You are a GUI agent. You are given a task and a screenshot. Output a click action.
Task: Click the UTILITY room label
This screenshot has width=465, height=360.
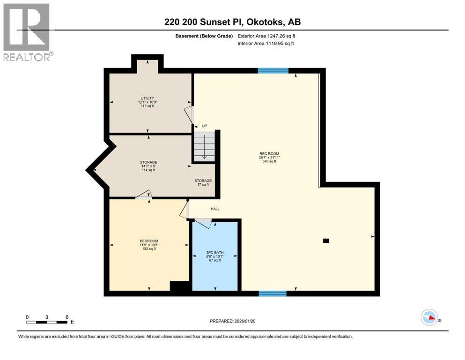pyautogui.click(x=148, y=98)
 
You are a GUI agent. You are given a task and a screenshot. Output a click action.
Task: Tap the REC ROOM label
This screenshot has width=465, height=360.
pyautogui.click(x=269, y=154)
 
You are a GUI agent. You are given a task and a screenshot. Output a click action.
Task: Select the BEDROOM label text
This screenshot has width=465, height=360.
pyautogui.click(x=149, y=241)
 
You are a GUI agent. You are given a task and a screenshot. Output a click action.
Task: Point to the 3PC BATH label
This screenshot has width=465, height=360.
pyautogui.click(x=215, y=253)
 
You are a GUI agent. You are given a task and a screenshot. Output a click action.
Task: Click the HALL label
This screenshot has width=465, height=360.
pyautogui.click(x=215, y=209)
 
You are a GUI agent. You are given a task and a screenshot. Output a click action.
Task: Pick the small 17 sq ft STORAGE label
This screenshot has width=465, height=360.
pyautogui.click(x=203, y=182)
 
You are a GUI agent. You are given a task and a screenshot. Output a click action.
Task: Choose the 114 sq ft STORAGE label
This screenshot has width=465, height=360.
pyautogui.click(x=148, y=166)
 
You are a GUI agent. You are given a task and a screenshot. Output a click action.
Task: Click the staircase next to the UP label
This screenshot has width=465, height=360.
pyautogui.click(x=204, y=146)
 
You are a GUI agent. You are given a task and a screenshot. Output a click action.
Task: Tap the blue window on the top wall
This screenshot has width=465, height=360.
pyautogui.click(x=273, y=71)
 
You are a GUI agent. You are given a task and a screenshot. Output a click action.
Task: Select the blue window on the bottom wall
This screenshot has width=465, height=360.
pyautogui.click(x=273, y=293)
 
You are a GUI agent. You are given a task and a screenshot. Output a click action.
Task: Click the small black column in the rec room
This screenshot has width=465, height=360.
pyautogui.click(x=326, y=241)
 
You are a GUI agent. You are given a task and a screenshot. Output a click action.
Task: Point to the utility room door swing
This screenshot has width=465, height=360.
pyautogui.click(x=189, y=115)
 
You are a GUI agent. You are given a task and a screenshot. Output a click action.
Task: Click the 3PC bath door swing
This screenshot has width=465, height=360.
pyautogui.click(x=203, y=223)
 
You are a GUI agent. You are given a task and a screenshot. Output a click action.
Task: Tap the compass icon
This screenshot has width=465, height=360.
pyautogui.click(x=429, y=317)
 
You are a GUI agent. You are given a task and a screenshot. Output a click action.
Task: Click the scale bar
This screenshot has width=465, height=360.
pyautogui.click(x=47, y=322)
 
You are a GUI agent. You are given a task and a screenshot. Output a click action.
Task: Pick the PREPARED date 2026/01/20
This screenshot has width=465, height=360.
pyautogui.click(x=245, y=321)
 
